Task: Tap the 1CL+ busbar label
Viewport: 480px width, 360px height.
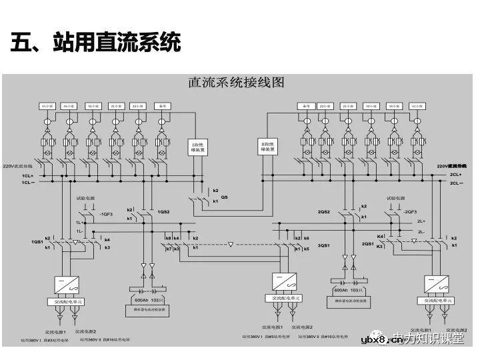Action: pyautogui.click(x=27, y=175)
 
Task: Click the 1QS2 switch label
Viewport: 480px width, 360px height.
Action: pyautogui.click(x=163, y=212)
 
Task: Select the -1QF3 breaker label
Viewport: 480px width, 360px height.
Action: pyautogui.click(x=107, y=215)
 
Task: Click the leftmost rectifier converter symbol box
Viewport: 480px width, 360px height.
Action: pyautogui.click(x=66, y=283)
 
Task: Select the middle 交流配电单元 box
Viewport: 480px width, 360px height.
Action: pyautogui.click(x=282, y=299)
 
